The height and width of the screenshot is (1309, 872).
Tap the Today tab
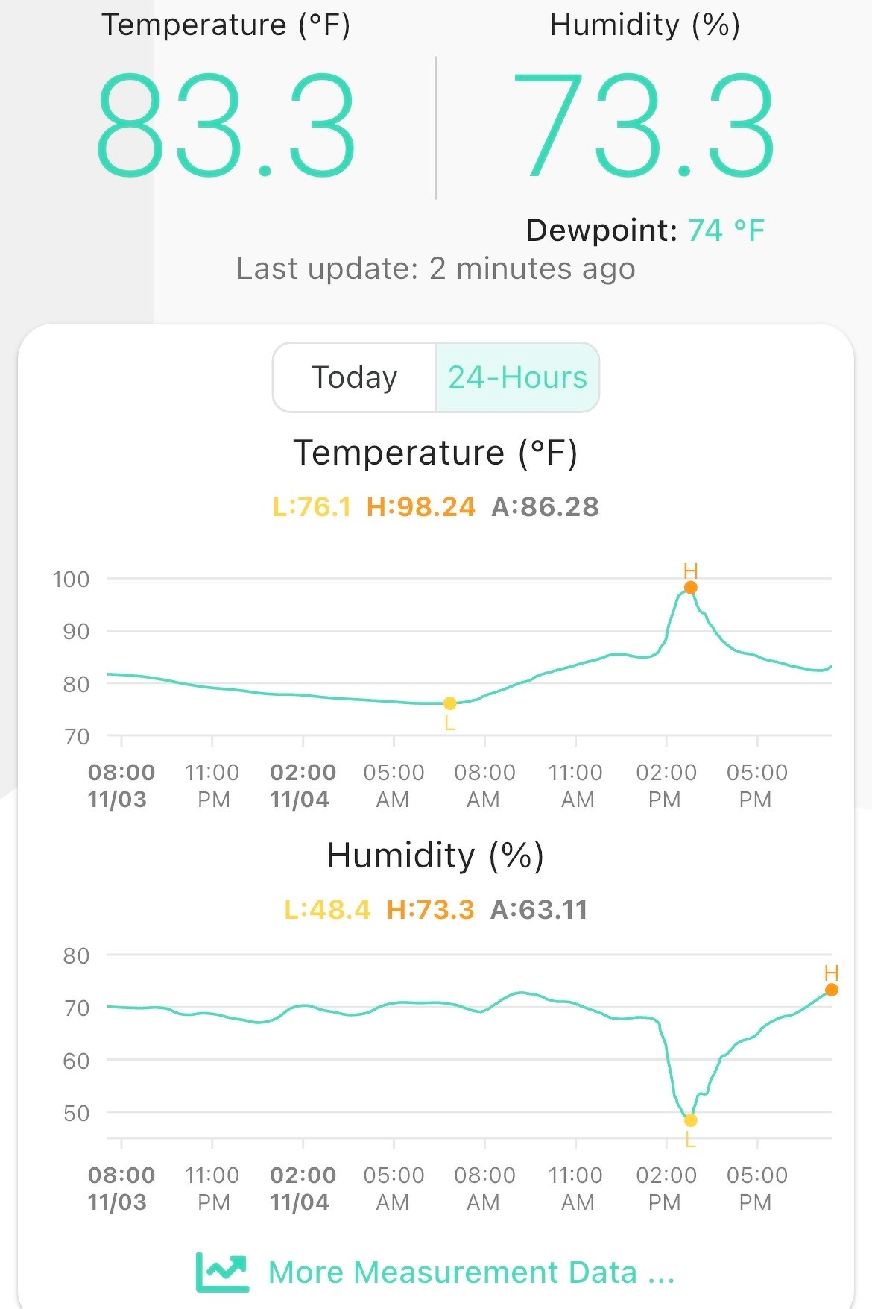354,377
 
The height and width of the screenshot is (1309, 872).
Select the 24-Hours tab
517,377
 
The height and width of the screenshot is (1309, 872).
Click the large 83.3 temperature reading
225,125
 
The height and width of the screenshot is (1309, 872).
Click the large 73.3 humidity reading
644,125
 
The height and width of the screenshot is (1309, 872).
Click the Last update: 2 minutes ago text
435,269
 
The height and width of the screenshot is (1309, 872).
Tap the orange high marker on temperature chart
691,588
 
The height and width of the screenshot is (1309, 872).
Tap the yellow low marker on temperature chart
450,703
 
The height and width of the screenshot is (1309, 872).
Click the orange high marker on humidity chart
832,990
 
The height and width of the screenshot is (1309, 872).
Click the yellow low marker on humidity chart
691,1120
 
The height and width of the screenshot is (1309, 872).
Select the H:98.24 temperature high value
420,507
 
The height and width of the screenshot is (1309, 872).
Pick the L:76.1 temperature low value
312,507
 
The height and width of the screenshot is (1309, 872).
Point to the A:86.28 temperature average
545,507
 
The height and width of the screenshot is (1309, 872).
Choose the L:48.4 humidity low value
327,910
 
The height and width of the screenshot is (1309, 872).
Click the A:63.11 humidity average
539,910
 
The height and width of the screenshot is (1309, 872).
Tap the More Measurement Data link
471,1272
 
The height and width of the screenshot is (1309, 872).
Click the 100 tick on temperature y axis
71,580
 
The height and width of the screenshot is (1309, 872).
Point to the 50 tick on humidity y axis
76,1114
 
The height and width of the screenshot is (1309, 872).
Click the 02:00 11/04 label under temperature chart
303,785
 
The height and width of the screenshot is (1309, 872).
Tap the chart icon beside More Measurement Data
221,1272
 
